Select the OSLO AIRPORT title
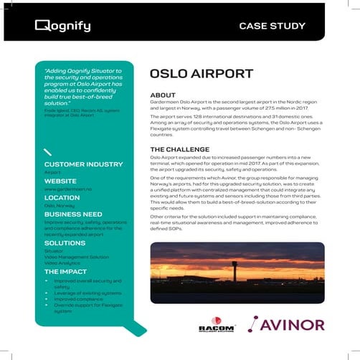tap(201, 75)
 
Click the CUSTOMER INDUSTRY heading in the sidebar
tap(84, 164)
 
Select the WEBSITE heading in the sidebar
tap(60, 181)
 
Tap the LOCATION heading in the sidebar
tap(62, 197)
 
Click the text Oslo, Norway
tap(60, 206)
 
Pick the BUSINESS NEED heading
tap(72, 214)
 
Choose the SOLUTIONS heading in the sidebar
tap(65, 244)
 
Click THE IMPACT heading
tap(67, 273)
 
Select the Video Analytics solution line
tap(62, 263)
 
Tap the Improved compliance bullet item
tap(78, 300)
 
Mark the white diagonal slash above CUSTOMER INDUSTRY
tap(47, 152)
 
